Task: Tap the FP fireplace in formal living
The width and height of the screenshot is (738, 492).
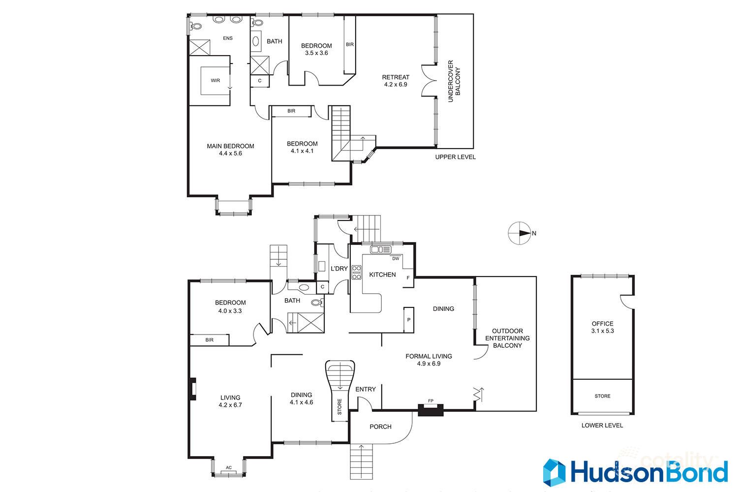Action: point(430,409)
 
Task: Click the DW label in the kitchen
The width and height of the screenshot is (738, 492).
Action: point(395,258)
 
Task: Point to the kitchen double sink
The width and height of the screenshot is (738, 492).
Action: point(380,249)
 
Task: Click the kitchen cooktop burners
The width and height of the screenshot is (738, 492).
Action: point(357,272)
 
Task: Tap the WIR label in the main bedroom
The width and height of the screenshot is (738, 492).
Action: point(215,80)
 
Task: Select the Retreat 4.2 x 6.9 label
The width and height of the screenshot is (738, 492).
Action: point(396,81)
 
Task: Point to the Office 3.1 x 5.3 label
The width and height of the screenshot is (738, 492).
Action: point(602,327)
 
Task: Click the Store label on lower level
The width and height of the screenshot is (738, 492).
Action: point(602,396)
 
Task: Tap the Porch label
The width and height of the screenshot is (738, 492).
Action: point(380,427)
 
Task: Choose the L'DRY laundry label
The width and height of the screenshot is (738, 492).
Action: point(339,269)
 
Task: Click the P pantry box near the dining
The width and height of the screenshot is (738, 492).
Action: point(409,320)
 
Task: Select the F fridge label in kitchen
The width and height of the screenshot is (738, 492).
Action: point(408,278)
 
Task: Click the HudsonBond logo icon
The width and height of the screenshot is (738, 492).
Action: point(554,472)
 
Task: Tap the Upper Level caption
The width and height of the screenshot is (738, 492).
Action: point(455,157)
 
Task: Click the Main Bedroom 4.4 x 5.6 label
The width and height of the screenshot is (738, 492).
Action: point(230,150)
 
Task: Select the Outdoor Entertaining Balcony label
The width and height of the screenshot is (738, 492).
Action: point(507,338)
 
